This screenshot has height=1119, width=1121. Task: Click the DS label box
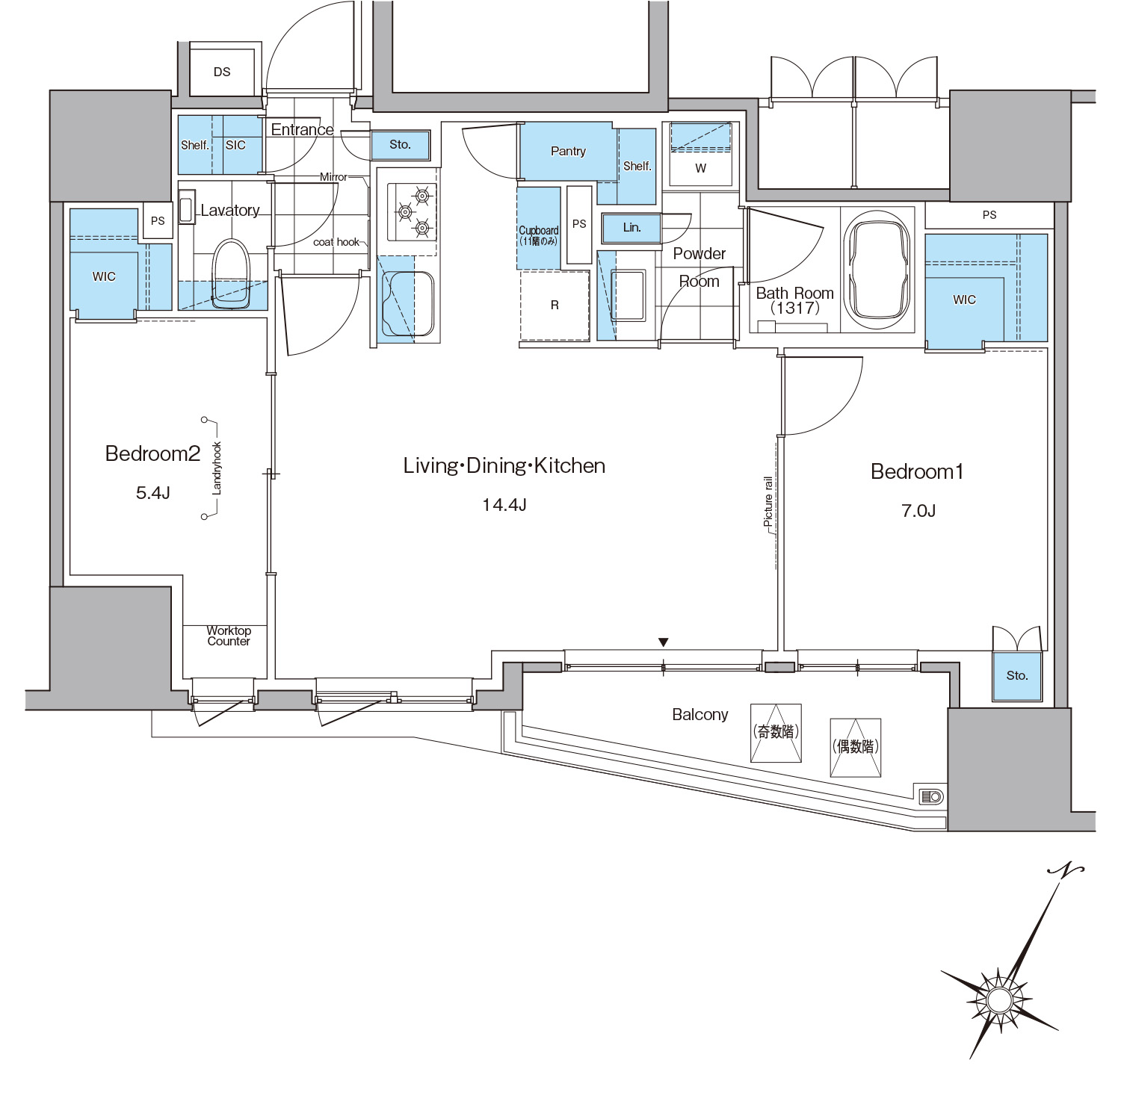(x=222, y=72)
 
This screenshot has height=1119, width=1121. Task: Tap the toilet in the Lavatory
(x=230, y=273)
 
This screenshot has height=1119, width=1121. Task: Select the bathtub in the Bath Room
(x=877, y=270)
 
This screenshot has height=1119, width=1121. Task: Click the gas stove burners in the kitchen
(x=412, y=211)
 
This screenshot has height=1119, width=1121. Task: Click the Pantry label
(x=568, y=151)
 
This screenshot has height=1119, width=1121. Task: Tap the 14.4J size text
(x=504, y=505)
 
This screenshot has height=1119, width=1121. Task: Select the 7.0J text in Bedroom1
(x=918, y=511)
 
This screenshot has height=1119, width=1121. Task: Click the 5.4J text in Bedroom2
(x=153, y=493)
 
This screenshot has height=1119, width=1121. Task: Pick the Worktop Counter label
(x=229, y=636)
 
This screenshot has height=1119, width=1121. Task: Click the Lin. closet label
(x=632, y=227)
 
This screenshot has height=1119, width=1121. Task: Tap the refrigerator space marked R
(x=555, y=305)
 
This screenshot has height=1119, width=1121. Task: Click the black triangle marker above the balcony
(x=663, y=642)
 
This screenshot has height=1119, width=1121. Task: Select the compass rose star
(x=1000, y=999)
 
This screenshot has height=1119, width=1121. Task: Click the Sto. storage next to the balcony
(x=1016, y=676)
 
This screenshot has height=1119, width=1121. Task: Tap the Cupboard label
(x=539, y=231)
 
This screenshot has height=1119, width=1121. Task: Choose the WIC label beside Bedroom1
(x=964, y=300)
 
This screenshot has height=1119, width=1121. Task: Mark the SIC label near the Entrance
(x=235, y=145)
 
